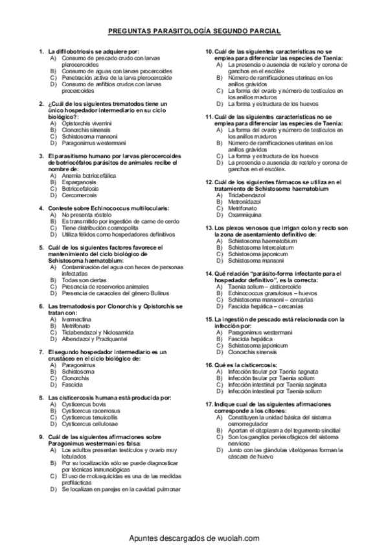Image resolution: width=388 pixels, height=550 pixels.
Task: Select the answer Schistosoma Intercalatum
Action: click(260, 247)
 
